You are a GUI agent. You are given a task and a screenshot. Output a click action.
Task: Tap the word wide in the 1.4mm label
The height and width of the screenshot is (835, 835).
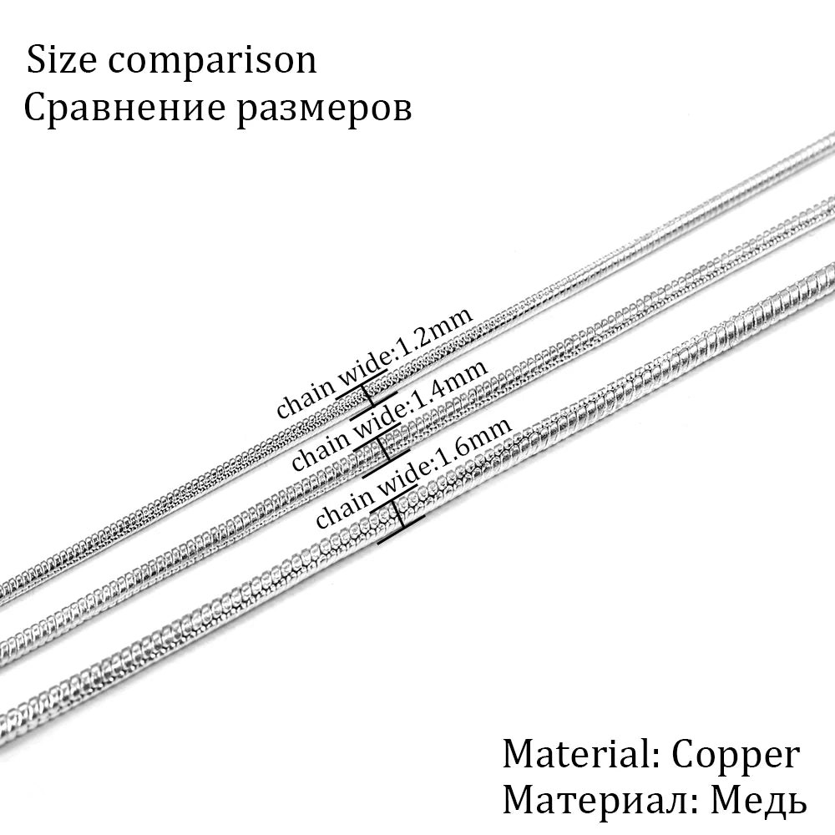coord(380,426)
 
